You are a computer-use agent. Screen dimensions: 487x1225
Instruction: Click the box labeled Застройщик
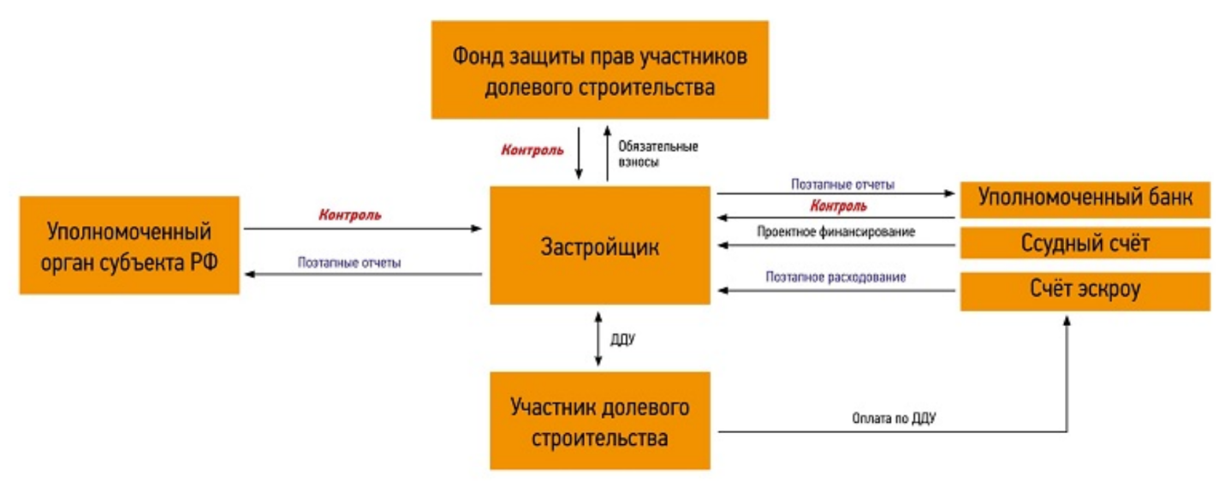click(599, 246)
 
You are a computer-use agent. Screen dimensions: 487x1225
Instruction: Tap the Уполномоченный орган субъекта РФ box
click(129, 246)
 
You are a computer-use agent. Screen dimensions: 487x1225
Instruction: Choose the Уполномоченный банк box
click(1085, 200)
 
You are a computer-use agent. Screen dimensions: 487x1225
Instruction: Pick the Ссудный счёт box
click(1085, 243)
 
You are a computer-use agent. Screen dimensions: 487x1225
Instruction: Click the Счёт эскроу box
click(1085, 291)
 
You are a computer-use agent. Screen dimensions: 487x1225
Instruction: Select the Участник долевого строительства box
click(599, 421)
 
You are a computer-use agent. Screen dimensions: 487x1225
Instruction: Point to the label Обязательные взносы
click(657, 153)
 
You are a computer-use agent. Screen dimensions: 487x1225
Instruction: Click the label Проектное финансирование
click(835, 231)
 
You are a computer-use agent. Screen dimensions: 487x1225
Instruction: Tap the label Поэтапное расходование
click(835, 277)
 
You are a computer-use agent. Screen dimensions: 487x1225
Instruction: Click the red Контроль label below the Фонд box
click(532, 150)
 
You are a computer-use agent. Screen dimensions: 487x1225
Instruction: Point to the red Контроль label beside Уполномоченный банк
click(838, 206)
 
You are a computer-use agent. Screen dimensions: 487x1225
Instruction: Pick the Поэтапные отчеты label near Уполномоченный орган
click(349, 263)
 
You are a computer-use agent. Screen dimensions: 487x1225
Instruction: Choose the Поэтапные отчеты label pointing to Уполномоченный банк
click(843, 183)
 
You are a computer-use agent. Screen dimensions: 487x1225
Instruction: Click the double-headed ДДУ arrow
click(598, 338)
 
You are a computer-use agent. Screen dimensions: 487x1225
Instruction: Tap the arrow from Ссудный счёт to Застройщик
click(835, 246)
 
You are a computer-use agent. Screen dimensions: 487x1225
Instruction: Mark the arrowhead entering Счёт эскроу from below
click(1067, 320)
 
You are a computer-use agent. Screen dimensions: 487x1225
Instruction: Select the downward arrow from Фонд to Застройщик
click(580, 152)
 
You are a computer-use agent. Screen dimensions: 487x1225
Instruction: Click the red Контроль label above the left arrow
click(349, 215)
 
